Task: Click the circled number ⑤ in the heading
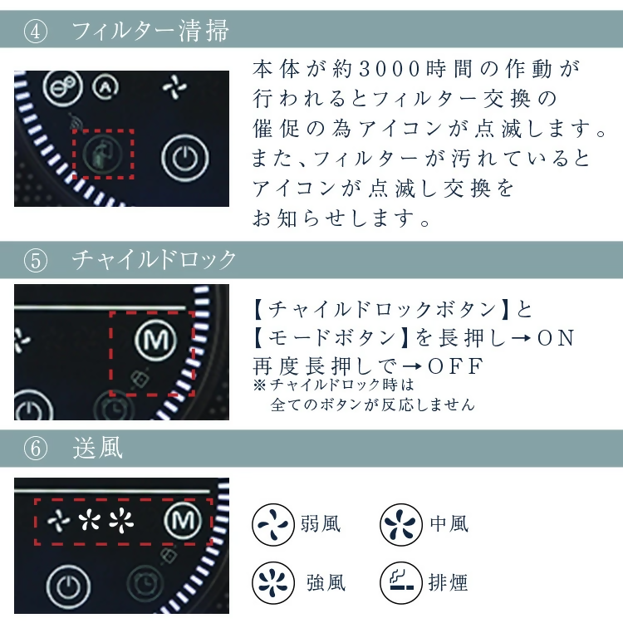37,260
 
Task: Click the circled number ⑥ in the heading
37,449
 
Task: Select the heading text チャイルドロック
155,260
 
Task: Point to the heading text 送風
97,449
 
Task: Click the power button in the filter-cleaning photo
182,158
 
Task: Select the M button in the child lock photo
153,339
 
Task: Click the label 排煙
449,582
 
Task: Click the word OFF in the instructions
455,366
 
